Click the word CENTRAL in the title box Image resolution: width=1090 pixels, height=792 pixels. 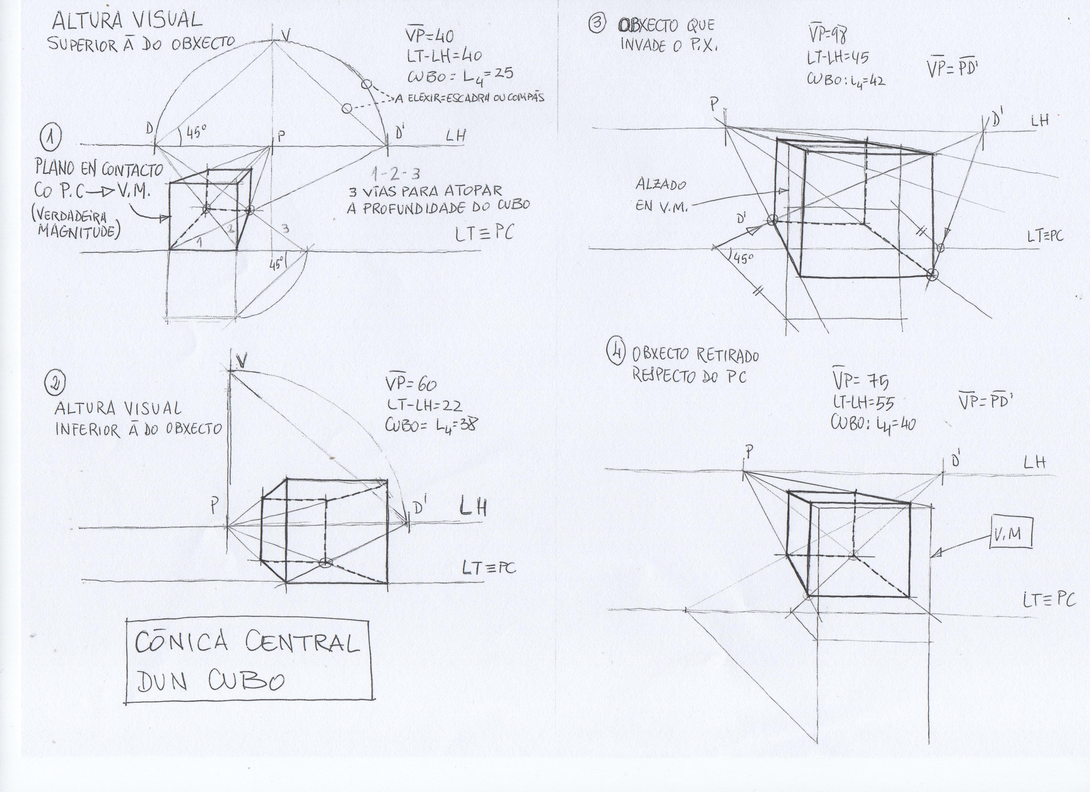tap(302, 643)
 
